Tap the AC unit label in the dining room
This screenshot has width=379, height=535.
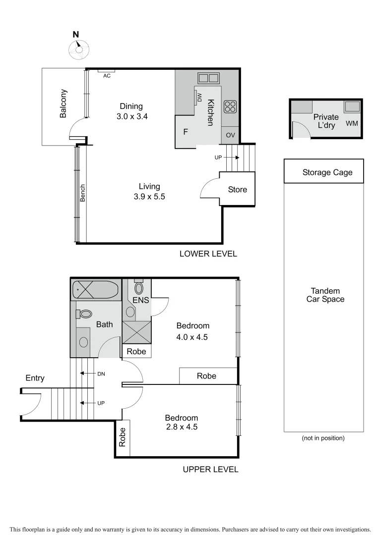click(x=107, y=76)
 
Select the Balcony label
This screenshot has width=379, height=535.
click(x=63, y=103)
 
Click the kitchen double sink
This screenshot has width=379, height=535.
click(x=208, y=78)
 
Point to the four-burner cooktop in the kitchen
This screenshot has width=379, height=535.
click(x=230, y=106)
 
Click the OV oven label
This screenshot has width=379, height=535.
click(x=230, y=135)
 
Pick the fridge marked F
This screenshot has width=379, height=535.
click(x=186, y=132)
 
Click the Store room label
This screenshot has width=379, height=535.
click(x=237, y=190)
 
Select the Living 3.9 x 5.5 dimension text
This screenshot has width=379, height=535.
click(x=149, y=196)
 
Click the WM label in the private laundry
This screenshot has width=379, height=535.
click(x=351, y=123)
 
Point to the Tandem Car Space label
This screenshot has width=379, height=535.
click(x=325, y=295)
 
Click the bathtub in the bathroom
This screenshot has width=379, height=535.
click(x=96, y=290)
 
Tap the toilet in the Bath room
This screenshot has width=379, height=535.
click(x=85, y=314)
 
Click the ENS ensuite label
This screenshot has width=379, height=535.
click(x=140, y=300)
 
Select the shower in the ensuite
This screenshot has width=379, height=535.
click(x=136, y=332)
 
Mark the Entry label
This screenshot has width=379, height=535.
click(x=35, y=378)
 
